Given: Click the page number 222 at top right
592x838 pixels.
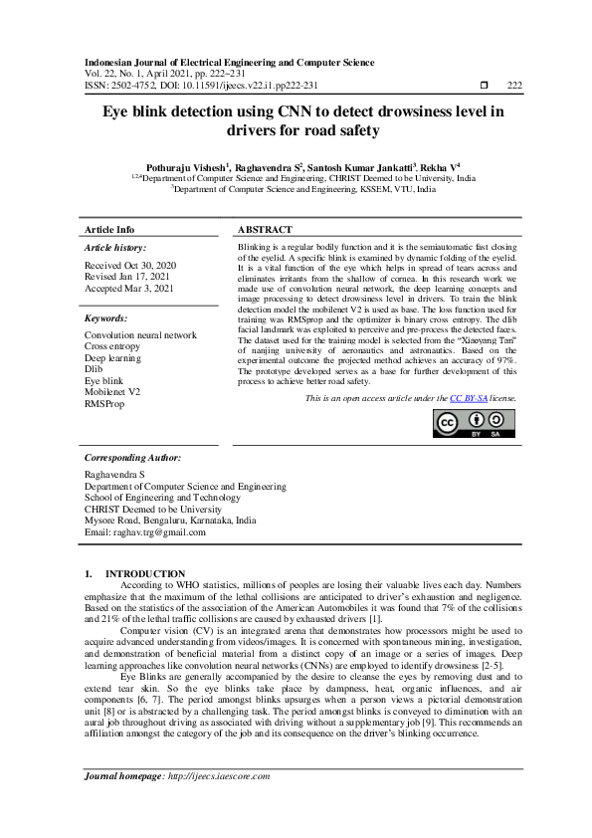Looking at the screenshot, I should pos(514,86).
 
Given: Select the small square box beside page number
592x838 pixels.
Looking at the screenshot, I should pos(485,86).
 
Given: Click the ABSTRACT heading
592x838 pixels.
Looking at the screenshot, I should pos(266,229).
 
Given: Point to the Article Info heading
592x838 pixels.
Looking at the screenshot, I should pos(109,229).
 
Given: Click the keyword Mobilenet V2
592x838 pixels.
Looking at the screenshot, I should pos(112,392).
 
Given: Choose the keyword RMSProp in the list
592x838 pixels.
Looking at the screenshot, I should pos(103,404).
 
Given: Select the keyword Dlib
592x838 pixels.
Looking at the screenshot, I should pos(94,369).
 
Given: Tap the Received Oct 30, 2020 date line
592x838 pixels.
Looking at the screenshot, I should pos(130,265).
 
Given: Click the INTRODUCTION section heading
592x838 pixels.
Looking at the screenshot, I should pos(145,573).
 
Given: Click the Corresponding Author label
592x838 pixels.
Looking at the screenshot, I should pos(132,458).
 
